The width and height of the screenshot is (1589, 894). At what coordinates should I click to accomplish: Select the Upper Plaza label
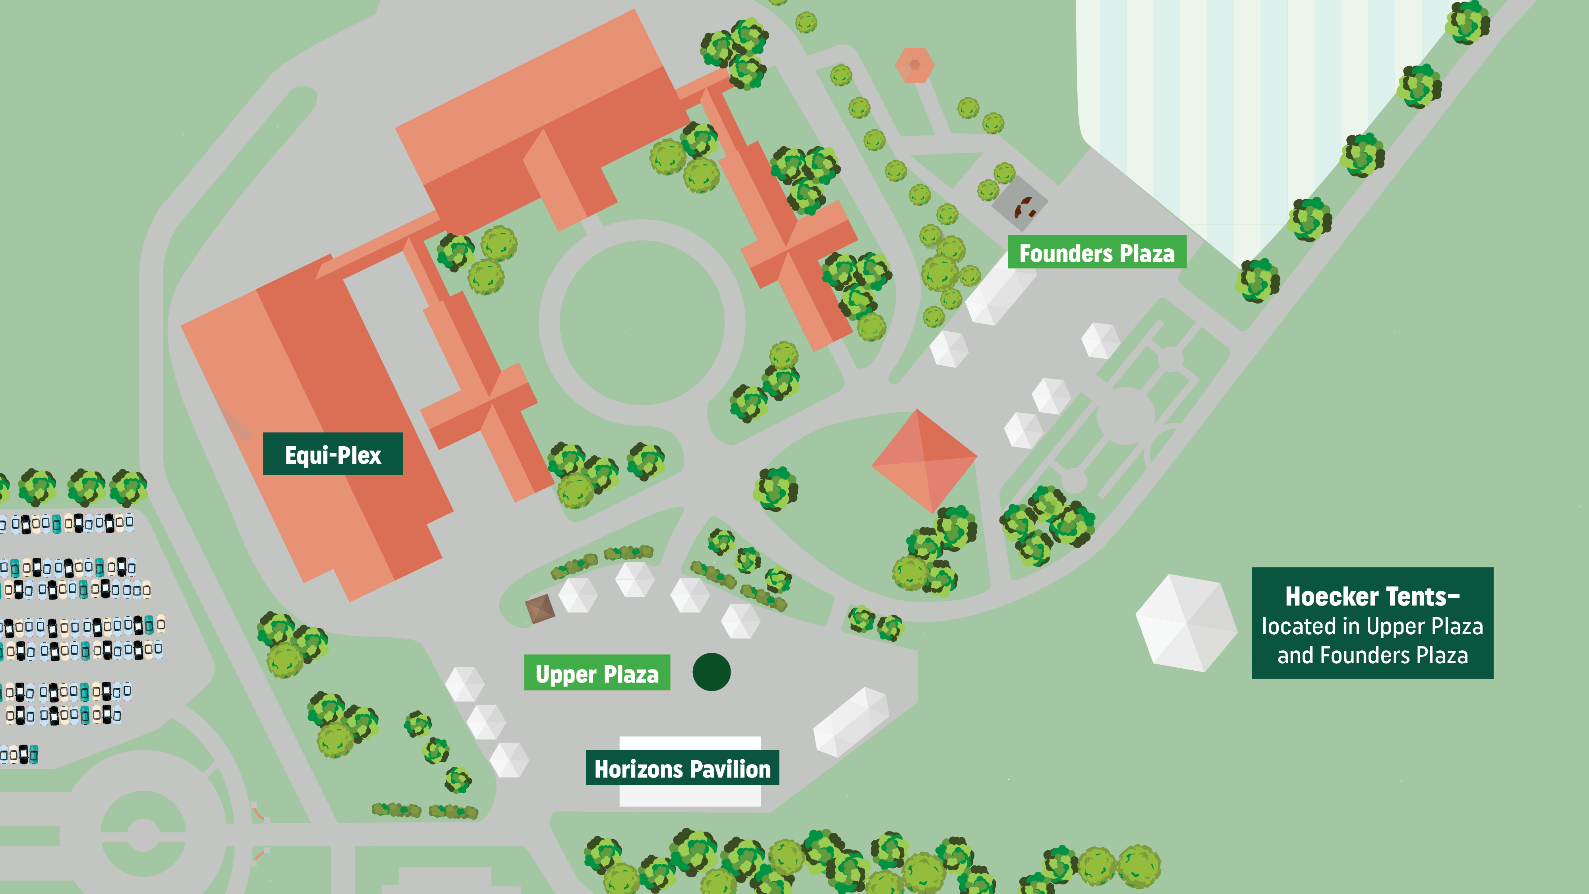(x=597, y=673)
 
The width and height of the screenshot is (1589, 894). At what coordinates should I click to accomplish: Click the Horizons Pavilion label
(x=682, y=768)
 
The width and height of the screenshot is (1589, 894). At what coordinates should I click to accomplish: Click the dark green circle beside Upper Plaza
(x=711, y=672)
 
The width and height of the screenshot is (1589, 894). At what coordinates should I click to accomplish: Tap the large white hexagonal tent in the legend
(x=1186, y=623)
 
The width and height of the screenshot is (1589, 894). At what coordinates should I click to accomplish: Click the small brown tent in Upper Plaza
(x=540, y=609)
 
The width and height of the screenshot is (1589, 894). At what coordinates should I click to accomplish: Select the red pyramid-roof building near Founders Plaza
(x=924, y=460)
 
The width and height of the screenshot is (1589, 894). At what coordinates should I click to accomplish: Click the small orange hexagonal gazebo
(x=914, y=65)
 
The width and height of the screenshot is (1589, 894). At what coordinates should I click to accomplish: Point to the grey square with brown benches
(x=1019, y=203)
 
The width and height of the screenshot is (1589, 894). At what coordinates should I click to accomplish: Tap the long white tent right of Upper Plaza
(x=851, y=722)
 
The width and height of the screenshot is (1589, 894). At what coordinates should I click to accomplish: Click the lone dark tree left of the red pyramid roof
(x=775, y=489)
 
